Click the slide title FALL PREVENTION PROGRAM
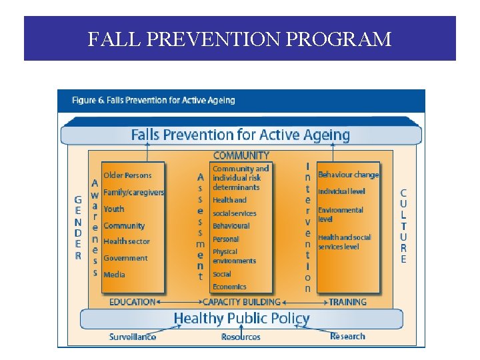tap(239, 39)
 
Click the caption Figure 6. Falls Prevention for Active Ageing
tap(153, 101)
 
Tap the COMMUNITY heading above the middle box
tap(241, 155)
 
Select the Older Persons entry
tap(127, 175)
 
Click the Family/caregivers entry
tap(133, 192)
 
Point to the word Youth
tap(114, 209)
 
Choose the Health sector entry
tap(127, 241)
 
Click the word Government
tap(125, 258)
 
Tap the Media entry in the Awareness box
tap(114, 275)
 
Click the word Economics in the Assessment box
tap(229, 287)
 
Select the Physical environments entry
tap(234, 257)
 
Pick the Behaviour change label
tap(348, 175)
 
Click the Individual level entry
tap(341, 192)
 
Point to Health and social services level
tap(344, 242)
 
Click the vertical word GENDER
tap(78, 227)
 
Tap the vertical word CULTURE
tap(403, 226)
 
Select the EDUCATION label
tap(132, 302)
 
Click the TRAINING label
tap(347, 302)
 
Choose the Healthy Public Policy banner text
tap(241, 319)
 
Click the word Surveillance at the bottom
tap(133, 337)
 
